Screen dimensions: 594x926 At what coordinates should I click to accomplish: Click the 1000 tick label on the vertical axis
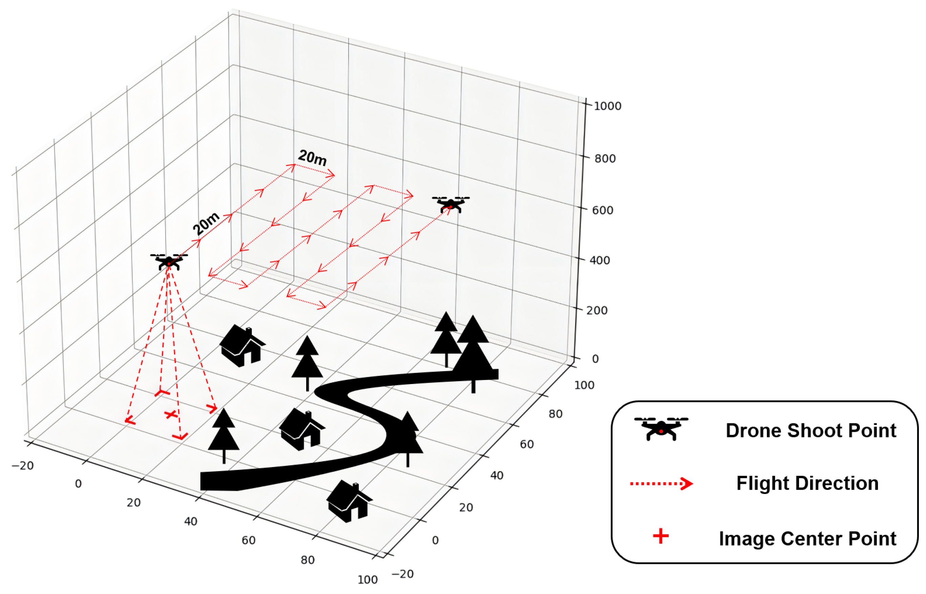(x=607, y=106)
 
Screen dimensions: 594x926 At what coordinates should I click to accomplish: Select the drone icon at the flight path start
(x=169, y=261)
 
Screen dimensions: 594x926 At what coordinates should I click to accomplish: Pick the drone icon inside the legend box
(x=661, y=428)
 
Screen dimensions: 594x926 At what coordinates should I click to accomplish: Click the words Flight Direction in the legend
(x=807, y=483)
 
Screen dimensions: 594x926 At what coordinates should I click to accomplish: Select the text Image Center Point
(x=807, y=538)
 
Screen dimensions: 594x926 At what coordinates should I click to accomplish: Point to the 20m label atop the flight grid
(x=312, y=157)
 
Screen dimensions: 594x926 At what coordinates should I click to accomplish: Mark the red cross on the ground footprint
(x=170, y=414)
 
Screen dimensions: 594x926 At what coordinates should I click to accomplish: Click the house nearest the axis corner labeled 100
(x=349, y=501)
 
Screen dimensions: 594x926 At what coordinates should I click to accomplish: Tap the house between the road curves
(x=301, y=429)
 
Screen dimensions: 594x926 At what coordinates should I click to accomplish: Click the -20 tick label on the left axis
(x=23, y=466)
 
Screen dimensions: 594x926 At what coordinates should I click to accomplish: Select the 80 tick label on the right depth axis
(x=555, y=414)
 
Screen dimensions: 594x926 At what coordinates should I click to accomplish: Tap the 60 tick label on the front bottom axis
(x=248, y=540)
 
